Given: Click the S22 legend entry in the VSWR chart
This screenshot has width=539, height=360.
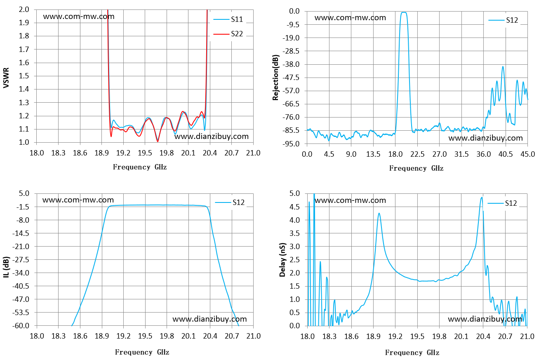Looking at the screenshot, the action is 228,34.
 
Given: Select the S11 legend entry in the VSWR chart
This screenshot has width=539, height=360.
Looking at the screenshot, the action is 228,19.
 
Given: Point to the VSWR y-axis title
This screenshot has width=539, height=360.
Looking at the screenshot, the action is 6,78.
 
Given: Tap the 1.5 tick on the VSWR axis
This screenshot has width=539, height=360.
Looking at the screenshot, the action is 24,76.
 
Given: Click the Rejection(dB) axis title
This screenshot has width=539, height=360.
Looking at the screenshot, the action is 275,78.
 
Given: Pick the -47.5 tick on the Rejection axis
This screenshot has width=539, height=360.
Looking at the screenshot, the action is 291,78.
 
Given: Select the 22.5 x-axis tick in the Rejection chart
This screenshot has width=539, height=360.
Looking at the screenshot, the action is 417,154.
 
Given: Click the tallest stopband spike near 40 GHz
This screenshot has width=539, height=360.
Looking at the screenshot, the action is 503,67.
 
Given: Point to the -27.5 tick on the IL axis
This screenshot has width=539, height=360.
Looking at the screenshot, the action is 21,260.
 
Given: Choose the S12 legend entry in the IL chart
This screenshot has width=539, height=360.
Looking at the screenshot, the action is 230,202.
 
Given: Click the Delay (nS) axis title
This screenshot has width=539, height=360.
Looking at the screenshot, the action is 282,260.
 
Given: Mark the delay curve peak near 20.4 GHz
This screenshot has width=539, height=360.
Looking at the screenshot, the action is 482,198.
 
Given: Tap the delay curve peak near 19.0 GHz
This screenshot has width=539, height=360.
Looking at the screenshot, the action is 379,213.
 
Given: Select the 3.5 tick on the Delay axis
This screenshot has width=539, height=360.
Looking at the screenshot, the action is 295,233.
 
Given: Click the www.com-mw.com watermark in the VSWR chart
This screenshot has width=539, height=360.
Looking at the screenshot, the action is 79,16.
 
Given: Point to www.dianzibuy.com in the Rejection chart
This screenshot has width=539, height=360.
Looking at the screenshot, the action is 485,138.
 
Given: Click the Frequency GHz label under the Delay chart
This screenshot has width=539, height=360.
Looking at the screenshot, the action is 412,353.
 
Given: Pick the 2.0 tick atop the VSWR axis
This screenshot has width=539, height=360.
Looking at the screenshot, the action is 24,9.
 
